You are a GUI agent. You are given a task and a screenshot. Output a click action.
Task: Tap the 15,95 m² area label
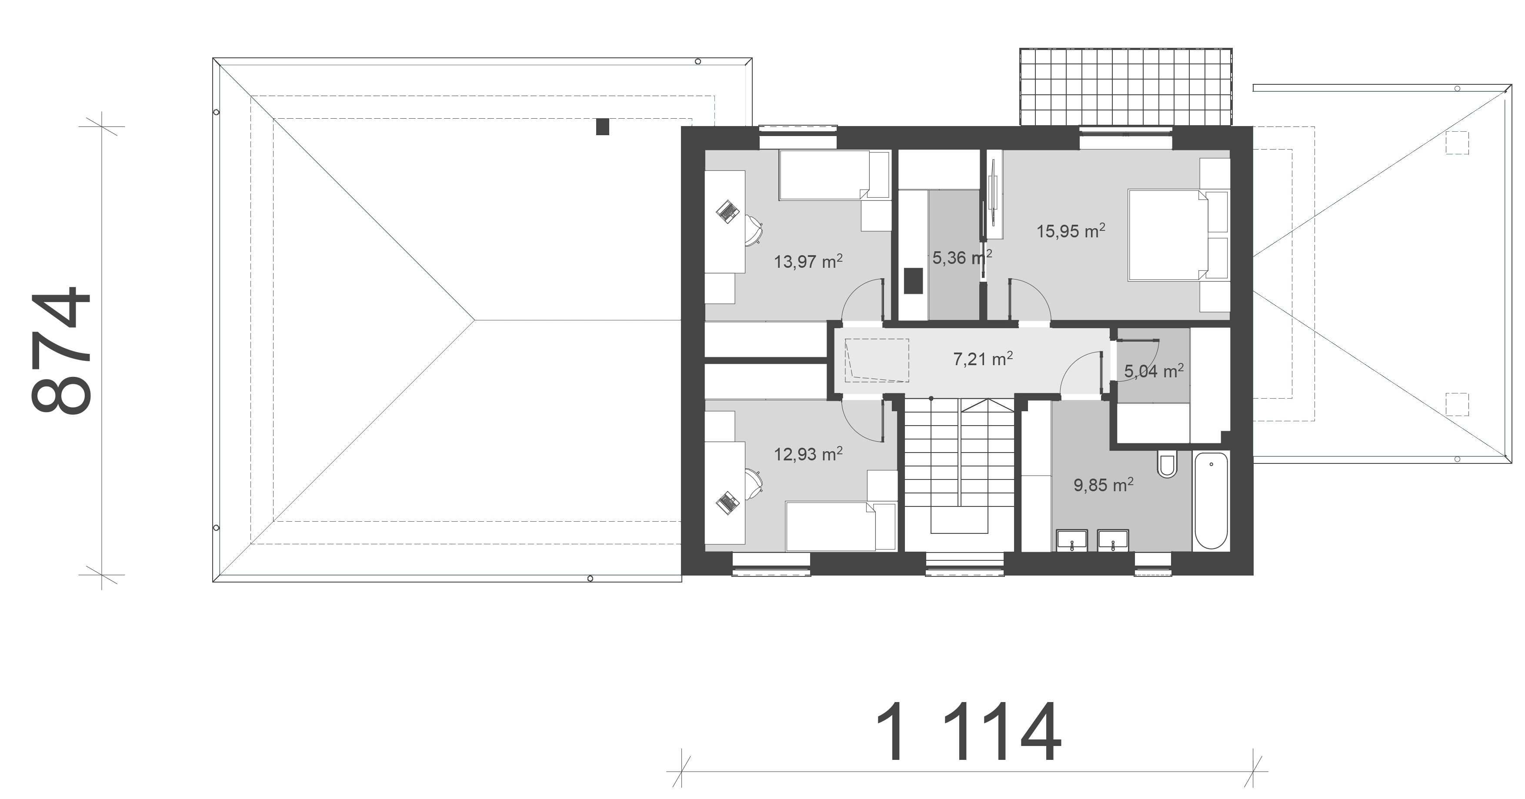pos(1071,230)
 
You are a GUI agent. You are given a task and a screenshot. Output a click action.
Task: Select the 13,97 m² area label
pos(808,261)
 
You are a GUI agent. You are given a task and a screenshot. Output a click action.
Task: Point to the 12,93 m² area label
pos(808,454)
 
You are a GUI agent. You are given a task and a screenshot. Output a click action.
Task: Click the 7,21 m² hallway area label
pos(983,359)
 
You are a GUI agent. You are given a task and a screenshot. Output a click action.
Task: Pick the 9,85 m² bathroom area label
pos(1104,485)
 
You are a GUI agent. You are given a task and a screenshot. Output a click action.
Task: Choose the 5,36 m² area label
pos(962,257)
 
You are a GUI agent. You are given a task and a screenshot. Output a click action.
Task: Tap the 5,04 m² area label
pos(1154,371)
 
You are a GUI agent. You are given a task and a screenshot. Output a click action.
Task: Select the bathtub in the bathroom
pos(1211,501)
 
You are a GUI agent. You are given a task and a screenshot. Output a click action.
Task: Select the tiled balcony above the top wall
pos(1125,87)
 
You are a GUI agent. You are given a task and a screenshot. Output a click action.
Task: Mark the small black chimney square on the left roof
pos(602,127)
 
